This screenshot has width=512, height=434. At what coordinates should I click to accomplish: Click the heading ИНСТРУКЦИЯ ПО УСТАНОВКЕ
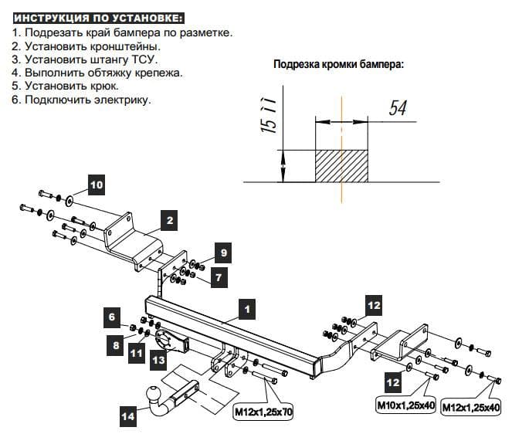point(99,17)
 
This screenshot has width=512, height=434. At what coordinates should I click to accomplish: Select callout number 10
point(95,185)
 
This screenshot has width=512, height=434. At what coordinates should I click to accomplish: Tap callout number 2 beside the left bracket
point(170,221)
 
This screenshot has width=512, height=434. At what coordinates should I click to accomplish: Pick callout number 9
point(222,253)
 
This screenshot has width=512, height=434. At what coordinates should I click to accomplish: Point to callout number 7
point(218,276)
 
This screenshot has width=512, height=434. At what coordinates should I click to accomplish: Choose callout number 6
point(112,317)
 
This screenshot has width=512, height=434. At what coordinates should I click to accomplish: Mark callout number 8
point(117,346)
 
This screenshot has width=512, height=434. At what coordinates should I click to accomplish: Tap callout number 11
point(137,354)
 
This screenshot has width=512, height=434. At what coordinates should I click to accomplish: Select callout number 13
point(158,359)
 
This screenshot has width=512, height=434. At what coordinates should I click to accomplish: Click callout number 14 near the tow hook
point(127,417)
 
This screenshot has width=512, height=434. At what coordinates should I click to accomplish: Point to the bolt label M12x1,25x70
point(263,412)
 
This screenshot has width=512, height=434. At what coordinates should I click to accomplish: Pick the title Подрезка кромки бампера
point(338,64)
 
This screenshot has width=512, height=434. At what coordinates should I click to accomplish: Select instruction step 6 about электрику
point(82,100)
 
